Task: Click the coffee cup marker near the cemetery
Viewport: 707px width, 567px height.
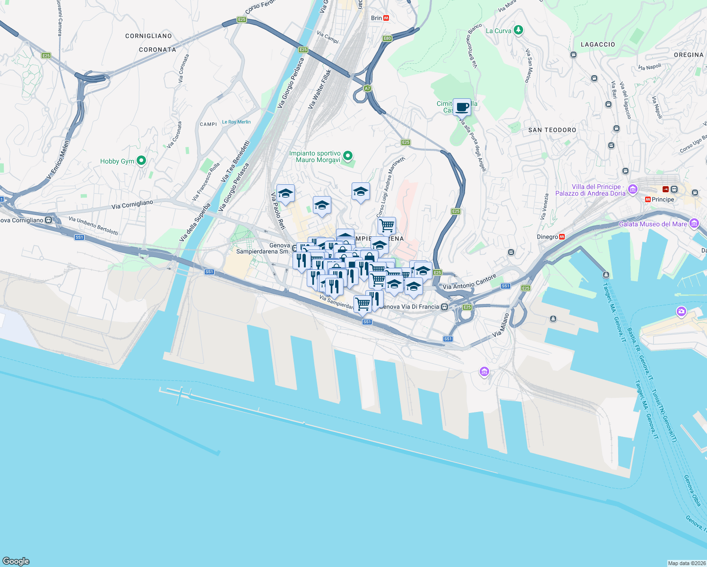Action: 462,107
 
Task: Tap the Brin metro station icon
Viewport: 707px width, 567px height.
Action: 386,18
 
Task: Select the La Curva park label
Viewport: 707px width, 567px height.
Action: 499,31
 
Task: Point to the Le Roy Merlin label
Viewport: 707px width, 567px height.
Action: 236,122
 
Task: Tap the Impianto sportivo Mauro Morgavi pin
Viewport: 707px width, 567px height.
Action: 348,155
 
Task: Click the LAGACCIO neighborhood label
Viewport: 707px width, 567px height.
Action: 598,44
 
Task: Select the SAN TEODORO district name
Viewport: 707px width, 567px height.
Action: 552,130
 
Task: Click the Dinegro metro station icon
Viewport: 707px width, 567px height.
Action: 562,237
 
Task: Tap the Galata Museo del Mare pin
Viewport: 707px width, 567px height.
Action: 694,223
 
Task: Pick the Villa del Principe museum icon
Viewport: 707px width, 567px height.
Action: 633,189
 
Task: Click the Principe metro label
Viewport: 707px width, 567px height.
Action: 663,199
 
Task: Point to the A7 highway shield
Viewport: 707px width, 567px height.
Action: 367,88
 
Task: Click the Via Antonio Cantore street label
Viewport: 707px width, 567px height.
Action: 470,282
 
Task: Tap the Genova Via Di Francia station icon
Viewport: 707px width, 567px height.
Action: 444,307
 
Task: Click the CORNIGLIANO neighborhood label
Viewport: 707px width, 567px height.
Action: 148,36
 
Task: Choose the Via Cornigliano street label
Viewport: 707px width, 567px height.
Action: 132,205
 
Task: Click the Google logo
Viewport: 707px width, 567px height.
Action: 16,561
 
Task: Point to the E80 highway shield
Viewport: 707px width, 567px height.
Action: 388,38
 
